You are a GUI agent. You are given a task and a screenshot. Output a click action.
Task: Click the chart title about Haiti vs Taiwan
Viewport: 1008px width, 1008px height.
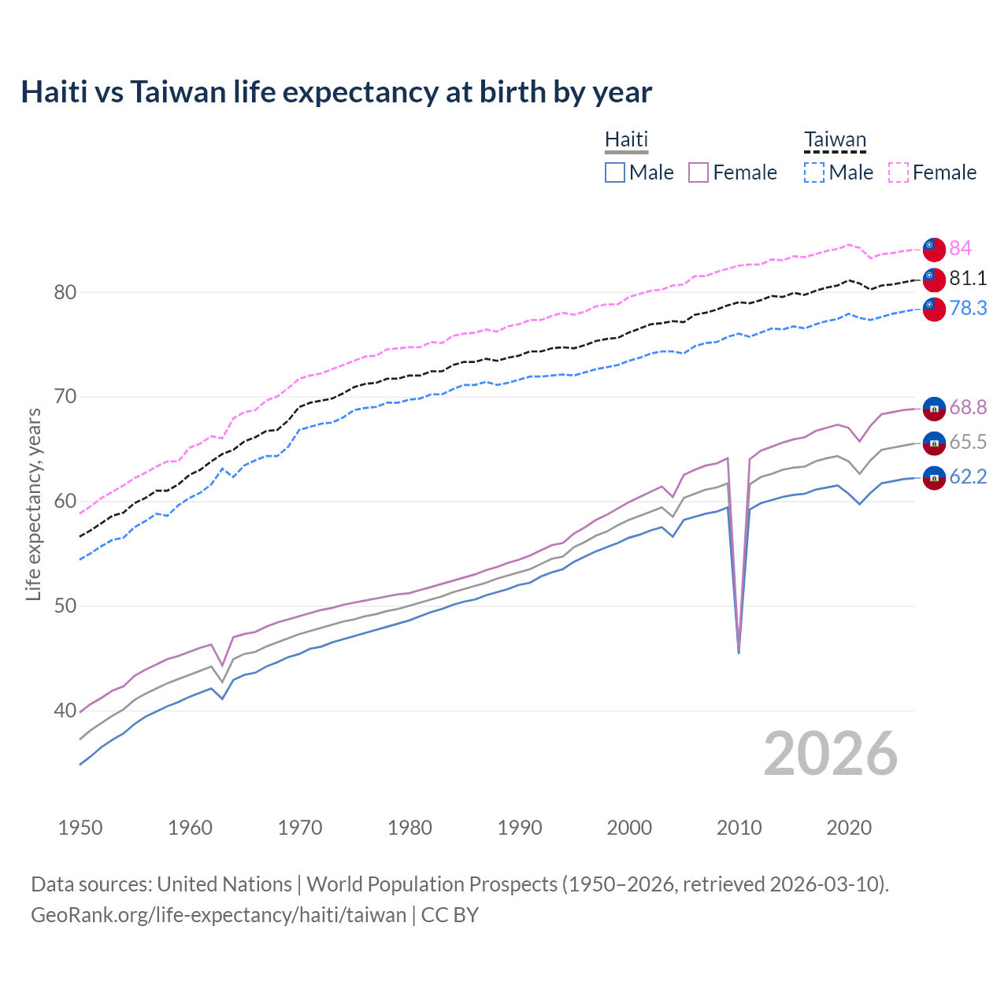(x=336, y=92)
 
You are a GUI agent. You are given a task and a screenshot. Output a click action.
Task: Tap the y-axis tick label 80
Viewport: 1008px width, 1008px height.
(x=65, y=292)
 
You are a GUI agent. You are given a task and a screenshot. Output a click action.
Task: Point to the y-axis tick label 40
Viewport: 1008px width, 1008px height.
(x=65, y=711)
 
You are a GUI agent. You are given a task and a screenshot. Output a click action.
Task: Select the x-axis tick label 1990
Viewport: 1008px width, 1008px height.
(x=520, y=828)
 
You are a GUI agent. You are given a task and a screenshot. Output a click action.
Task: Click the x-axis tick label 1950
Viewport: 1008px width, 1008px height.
(x=80, y=828)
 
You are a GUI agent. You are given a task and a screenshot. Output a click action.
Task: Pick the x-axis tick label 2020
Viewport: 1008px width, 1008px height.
(x=849, y=828)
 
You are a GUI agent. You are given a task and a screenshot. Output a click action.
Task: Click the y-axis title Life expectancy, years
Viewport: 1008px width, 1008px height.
(x=34, y=504)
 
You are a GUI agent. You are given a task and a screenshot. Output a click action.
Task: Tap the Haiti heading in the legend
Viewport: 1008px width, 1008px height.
(x=626, y=139)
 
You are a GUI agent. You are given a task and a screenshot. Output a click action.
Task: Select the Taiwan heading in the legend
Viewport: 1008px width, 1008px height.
(x=835, y=139)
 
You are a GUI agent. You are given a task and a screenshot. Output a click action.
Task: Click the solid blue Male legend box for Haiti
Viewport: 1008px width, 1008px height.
(x=615, y=172)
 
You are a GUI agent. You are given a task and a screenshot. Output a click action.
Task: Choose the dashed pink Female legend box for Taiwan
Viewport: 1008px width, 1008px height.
(x=899, y=172)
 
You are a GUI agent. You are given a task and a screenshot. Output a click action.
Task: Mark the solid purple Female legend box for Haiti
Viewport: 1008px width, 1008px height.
(x=699, y=172)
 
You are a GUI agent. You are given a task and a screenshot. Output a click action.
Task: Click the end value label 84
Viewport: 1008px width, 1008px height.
(x=960, y=248)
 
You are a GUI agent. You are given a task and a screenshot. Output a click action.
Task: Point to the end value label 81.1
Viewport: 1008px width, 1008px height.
(x=968, y=278)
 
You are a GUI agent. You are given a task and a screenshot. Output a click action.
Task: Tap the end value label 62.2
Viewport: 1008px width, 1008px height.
(x=968, y=476)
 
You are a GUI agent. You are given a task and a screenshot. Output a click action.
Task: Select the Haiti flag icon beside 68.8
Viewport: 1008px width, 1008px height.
(x=934, y=408)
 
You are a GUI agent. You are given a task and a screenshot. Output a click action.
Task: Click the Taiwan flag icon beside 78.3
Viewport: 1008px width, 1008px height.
(x=934, y=309)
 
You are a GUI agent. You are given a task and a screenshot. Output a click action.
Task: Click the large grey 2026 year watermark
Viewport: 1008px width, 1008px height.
(x=830, y=754)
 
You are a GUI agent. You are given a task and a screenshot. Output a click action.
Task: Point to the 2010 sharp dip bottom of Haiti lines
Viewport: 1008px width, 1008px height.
(x=739, y=651)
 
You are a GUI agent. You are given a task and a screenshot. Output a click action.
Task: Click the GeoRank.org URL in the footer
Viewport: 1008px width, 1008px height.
(x=218, y=914)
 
